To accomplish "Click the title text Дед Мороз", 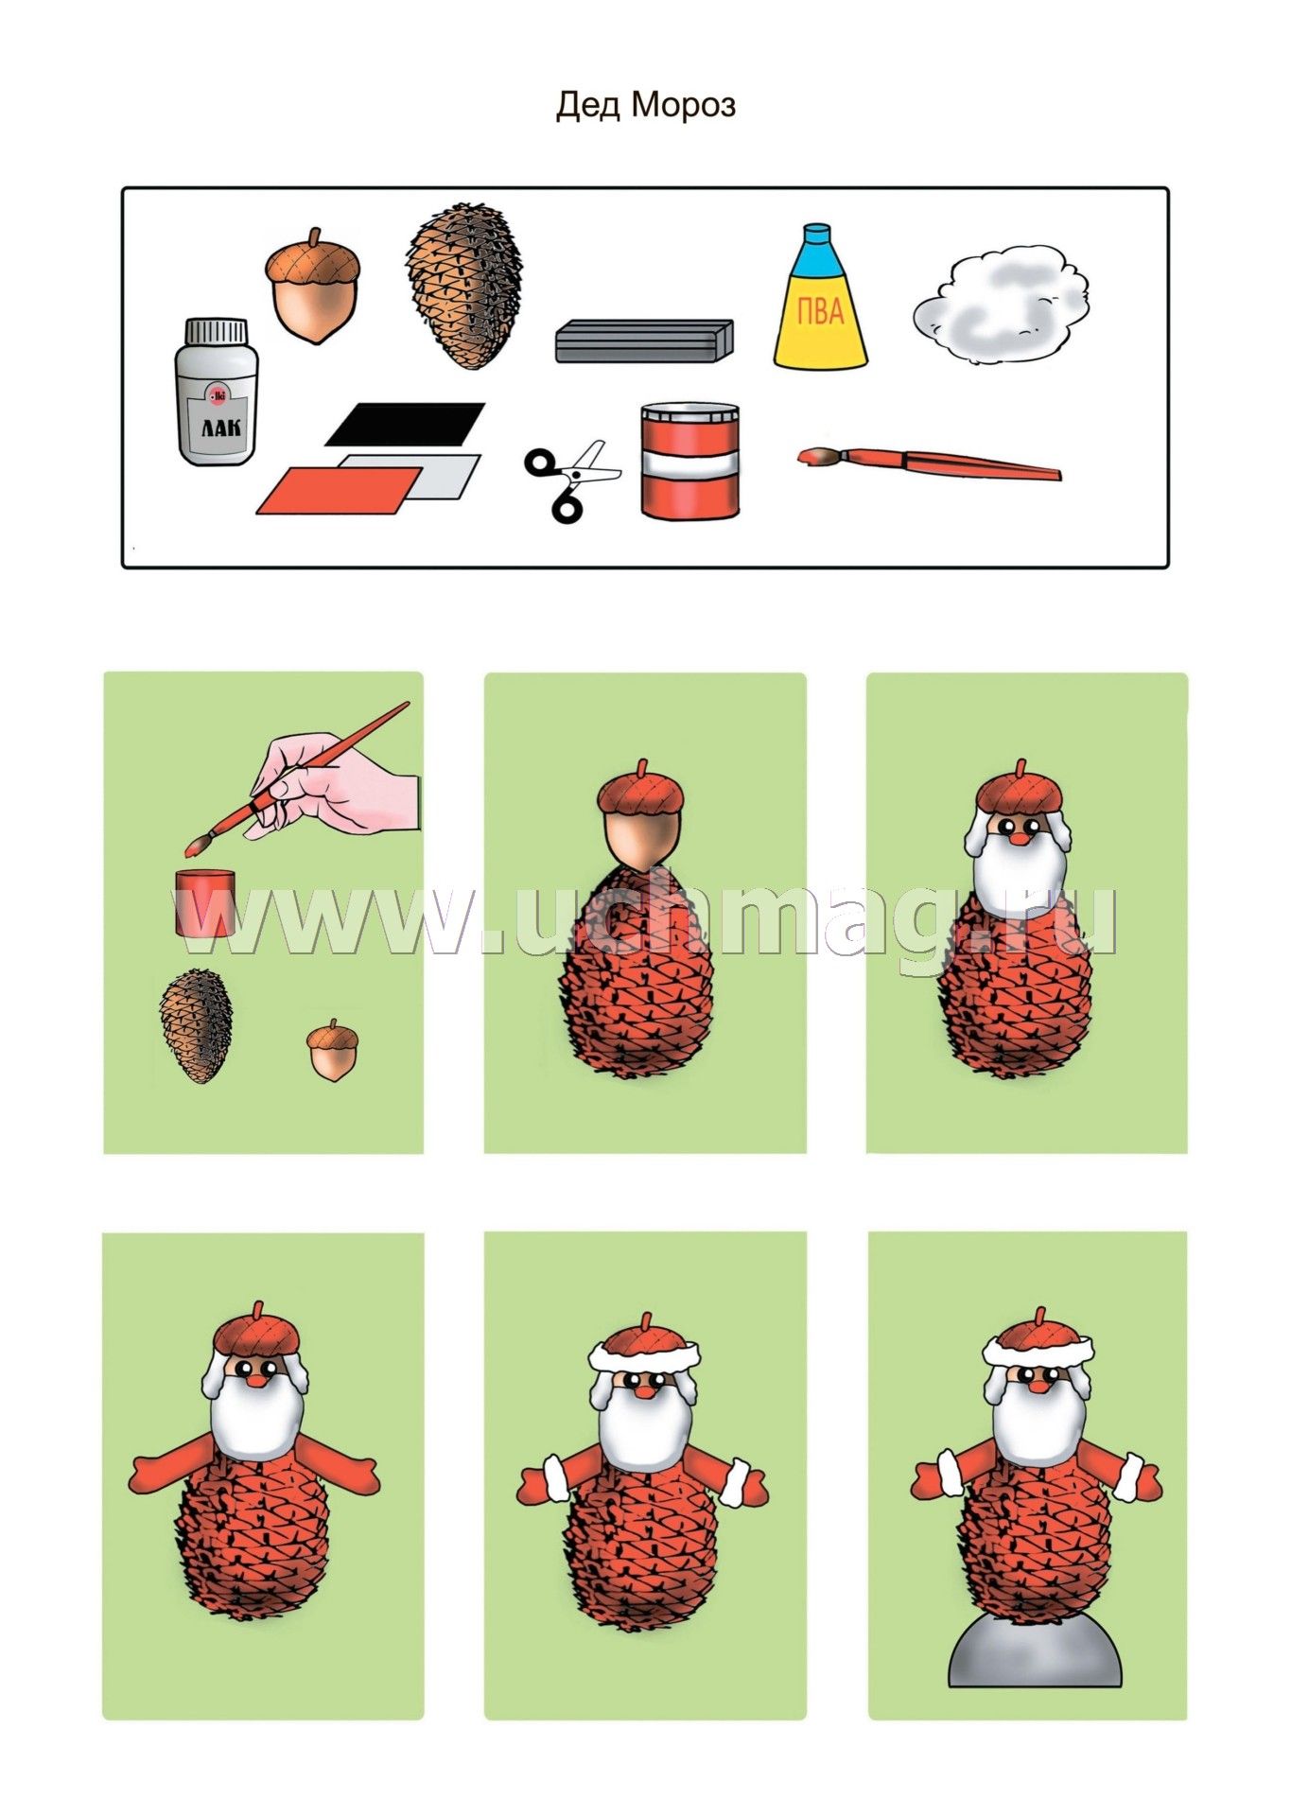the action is [x=645, y=105].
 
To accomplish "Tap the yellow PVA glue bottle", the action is [x=820, y=297].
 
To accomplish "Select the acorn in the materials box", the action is [x=312, y=286].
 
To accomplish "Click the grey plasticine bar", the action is [x=644, y=340].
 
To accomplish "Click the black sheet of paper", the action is [x=405, y=424].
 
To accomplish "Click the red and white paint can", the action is [x=689, y=460].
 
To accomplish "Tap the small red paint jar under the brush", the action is [x=205, y=903].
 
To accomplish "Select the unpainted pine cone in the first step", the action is [x=196, y=1024].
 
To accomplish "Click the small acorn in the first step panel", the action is [x=333, y=1050].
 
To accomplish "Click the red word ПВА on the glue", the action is [x=820, y=311].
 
